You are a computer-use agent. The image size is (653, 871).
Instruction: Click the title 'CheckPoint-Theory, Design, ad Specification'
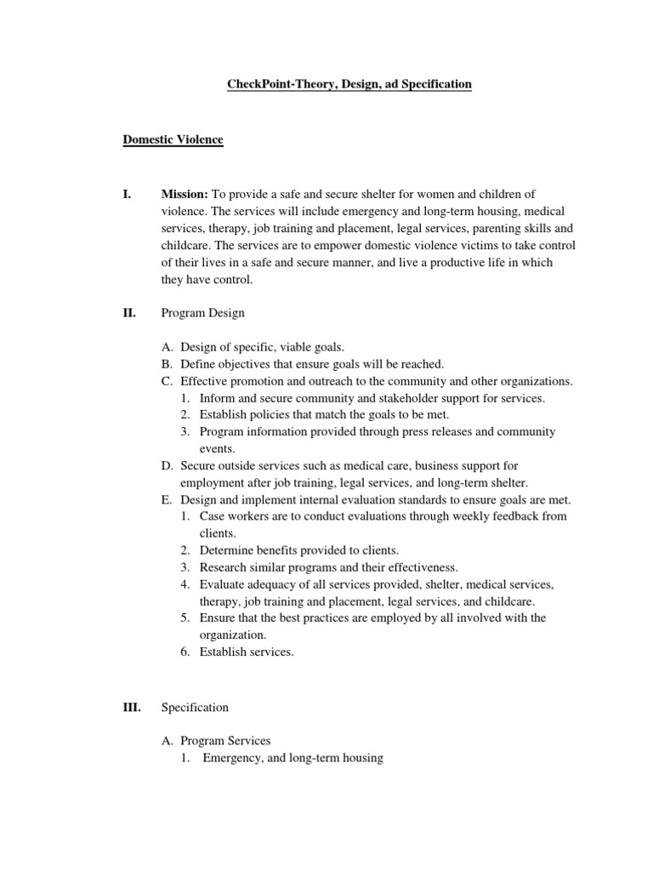point(348,84)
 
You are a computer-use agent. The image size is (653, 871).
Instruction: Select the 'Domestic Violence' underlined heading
point(173,139)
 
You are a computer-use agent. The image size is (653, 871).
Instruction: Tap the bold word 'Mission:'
point(184,195)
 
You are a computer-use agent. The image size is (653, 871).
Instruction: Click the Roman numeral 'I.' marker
point(128,195)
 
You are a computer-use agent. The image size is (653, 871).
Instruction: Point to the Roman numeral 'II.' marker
point(129,313)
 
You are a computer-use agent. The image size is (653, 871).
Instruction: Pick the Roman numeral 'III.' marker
point(132,707)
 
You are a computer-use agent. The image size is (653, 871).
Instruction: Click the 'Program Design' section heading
point(202,313)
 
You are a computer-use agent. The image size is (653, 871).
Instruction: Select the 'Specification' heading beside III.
point(195,707)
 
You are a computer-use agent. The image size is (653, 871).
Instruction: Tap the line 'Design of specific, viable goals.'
point(261,346)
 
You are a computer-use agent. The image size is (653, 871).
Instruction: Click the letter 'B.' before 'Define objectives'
point(167,363)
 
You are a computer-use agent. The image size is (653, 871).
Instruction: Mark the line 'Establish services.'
point(247,652)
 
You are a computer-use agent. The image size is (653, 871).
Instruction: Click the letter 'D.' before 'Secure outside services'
point(167,465)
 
